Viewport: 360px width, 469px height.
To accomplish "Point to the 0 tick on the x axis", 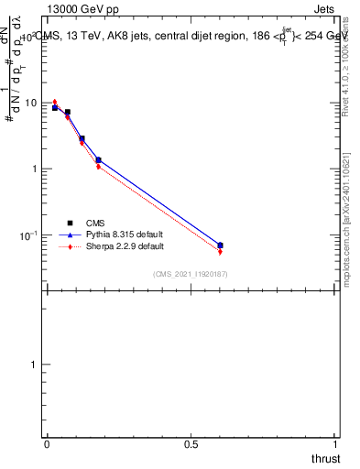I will click(47, 443).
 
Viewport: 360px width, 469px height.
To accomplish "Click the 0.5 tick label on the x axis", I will click(191, 443).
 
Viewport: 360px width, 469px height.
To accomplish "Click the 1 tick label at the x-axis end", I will click(336, 443).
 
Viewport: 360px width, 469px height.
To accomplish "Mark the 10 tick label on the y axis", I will click(30, 103).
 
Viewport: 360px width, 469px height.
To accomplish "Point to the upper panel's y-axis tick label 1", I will click(35, 169).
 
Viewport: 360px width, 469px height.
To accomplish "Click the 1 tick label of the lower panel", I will click(35, 365).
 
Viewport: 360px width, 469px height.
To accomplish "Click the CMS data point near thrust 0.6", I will click(220, 245).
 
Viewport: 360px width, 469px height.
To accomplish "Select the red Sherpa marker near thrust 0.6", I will click(220, 252).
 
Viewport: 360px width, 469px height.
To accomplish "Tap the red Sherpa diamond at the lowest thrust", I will click(55, 102).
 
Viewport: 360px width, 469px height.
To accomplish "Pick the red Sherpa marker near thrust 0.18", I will click(98, 167).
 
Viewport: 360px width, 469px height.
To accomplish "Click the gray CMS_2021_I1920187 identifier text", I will click(190, 274).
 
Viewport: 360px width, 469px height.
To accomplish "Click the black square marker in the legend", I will click(70, 223).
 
